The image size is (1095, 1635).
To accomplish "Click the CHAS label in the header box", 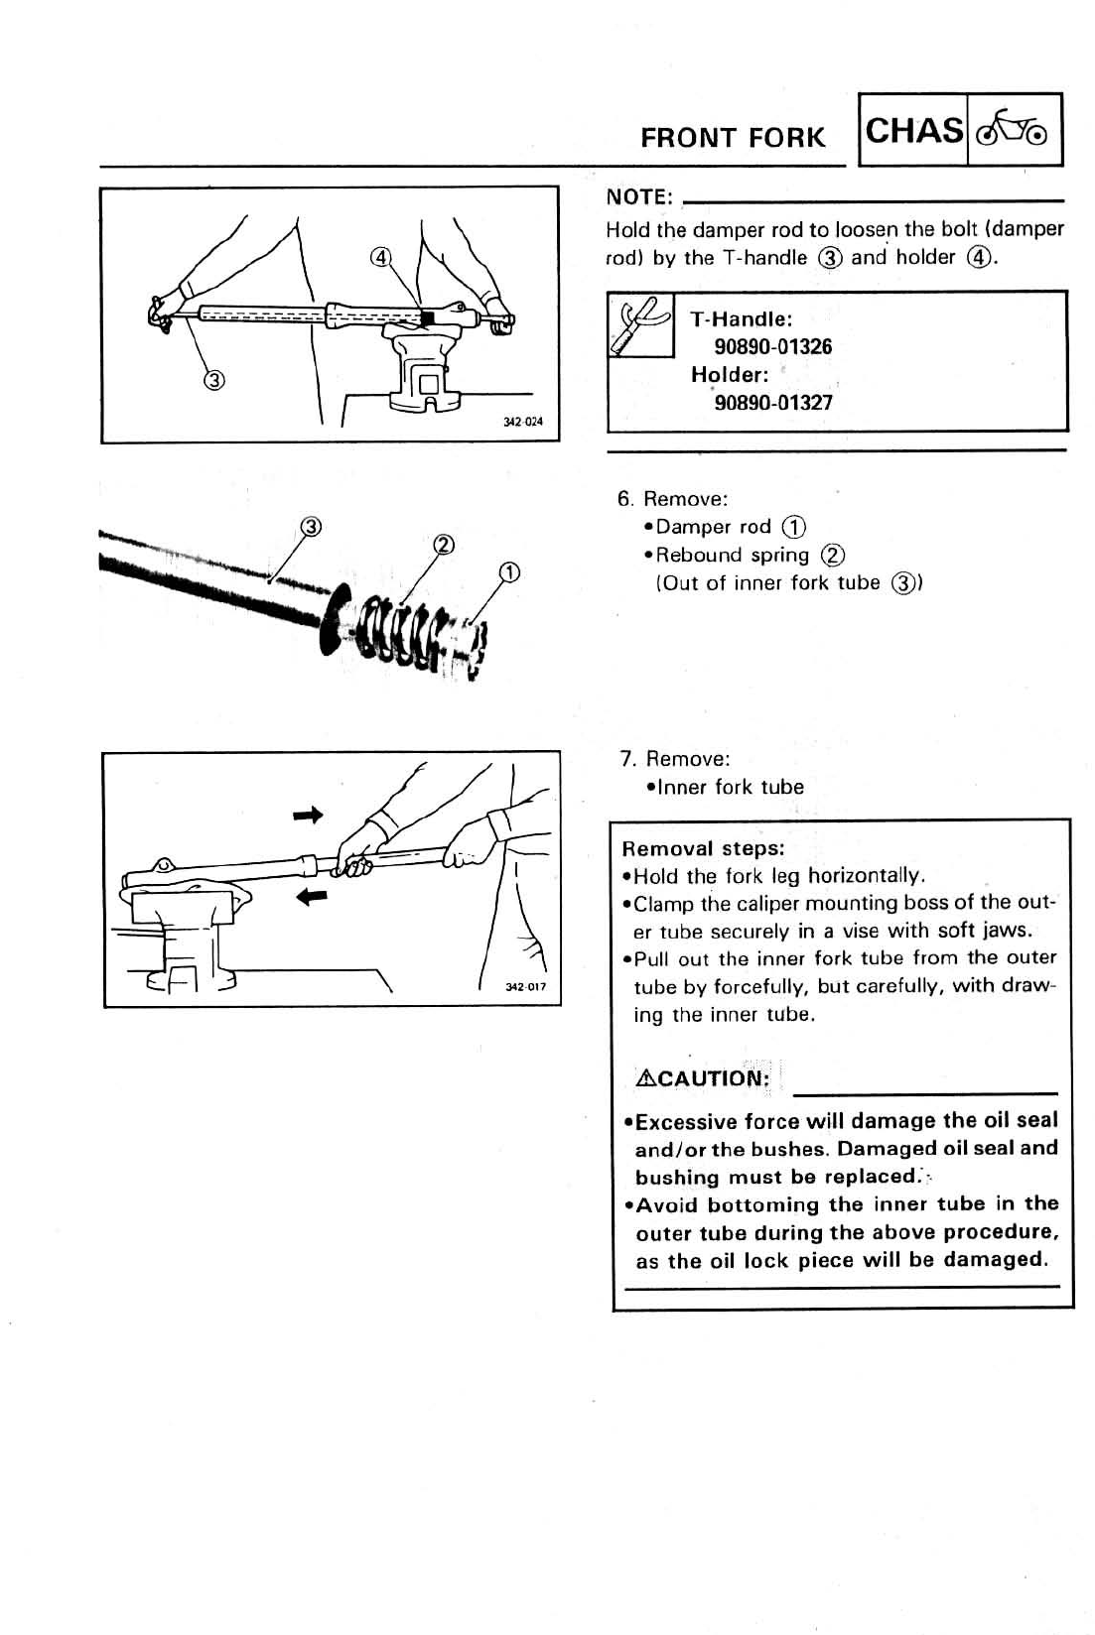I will [913, 131].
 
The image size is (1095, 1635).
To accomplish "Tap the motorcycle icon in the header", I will [1013, 129].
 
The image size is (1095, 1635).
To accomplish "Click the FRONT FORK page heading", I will [733, 138].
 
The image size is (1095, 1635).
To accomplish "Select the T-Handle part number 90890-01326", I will [773, 347].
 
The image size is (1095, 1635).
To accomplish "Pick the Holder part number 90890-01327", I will [773, 403].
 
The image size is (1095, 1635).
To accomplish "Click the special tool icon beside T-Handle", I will [640, 324].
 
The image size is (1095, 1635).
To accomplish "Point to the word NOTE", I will [639, 198].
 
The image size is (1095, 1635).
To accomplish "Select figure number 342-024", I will [523, 422].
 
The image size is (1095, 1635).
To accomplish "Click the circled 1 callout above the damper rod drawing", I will [509, 572].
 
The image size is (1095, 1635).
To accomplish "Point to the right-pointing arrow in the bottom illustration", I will [309, 816].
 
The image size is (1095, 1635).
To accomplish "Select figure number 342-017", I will [525, 987].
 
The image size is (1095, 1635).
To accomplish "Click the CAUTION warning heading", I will [703, 1078].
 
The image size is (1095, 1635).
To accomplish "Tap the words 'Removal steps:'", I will [703, 848].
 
